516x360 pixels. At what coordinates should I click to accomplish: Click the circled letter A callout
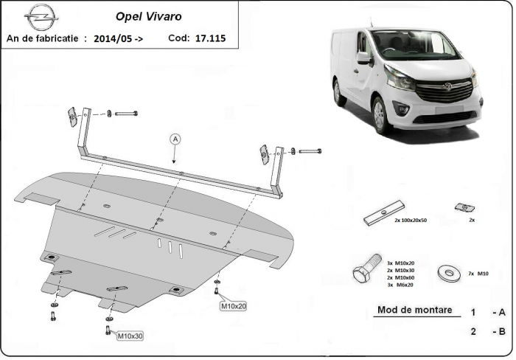(x=175, y=138)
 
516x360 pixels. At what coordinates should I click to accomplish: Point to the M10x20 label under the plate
(x=233, y=305)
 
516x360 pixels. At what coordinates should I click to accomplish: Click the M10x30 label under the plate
(x=129, y=336)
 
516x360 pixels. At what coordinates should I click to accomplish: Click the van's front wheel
(x=381, y=116)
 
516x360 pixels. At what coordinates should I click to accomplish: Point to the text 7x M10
(x=479, y=274)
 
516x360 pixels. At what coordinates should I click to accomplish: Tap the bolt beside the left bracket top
(x=127, y=114)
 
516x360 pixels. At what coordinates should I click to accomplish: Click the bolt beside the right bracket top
(x=310, y=150)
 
